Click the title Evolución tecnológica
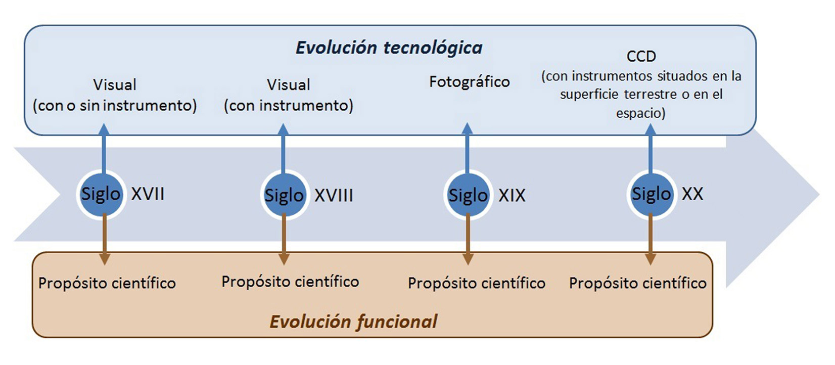tap(389, 48)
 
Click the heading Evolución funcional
tap(353, 322)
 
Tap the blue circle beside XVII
tap(101, 194)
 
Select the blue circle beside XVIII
tap(284, 195)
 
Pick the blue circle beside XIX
tap(468, 195)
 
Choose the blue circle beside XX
tap(651, 194)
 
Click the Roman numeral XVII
tap(148, 194)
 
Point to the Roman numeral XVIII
tap(334, 195)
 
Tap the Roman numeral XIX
tap(512, 195)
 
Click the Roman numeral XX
tap(692, 194)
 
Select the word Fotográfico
tap(470, 82)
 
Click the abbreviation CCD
tap(641, 56)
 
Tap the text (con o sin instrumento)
tap(115, 106)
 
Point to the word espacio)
tap(641, 113)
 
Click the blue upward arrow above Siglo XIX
tap(467, 149)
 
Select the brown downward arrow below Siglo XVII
tap(105, 239)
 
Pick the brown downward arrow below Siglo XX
tap(651, 239)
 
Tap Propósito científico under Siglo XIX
tap(477, 283)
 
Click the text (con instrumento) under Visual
tap(289, 106)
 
